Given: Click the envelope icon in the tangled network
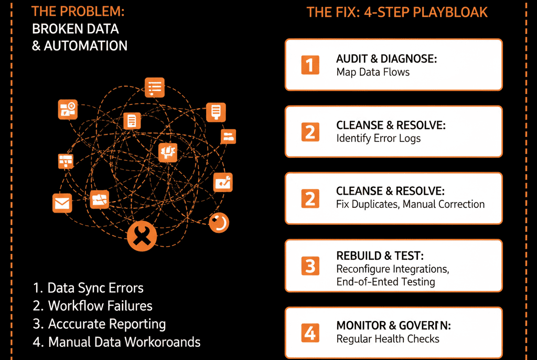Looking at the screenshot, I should click(x=62, y=203).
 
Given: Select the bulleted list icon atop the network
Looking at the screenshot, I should click(x=155, y=88).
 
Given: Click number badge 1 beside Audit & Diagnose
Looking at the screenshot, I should click(x=310, y=65).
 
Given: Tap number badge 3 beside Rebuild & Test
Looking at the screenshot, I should click(x=310, y=266).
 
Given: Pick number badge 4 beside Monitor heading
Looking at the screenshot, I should click(x=310, y=333).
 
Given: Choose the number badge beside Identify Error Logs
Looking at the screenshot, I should click(x=310, y=132).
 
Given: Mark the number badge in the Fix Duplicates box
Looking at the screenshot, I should click(x=310, y=198).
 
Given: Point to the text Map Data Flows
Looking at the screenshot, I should click(x=373, y=72).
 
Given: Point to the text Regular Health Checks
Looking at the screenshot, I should click(x=388, y=338).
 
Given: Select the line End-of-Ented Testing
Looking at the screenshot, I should click(x=385, y=282).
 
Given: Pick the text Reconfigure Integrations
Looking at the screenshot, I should click(x=392, y=269).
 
